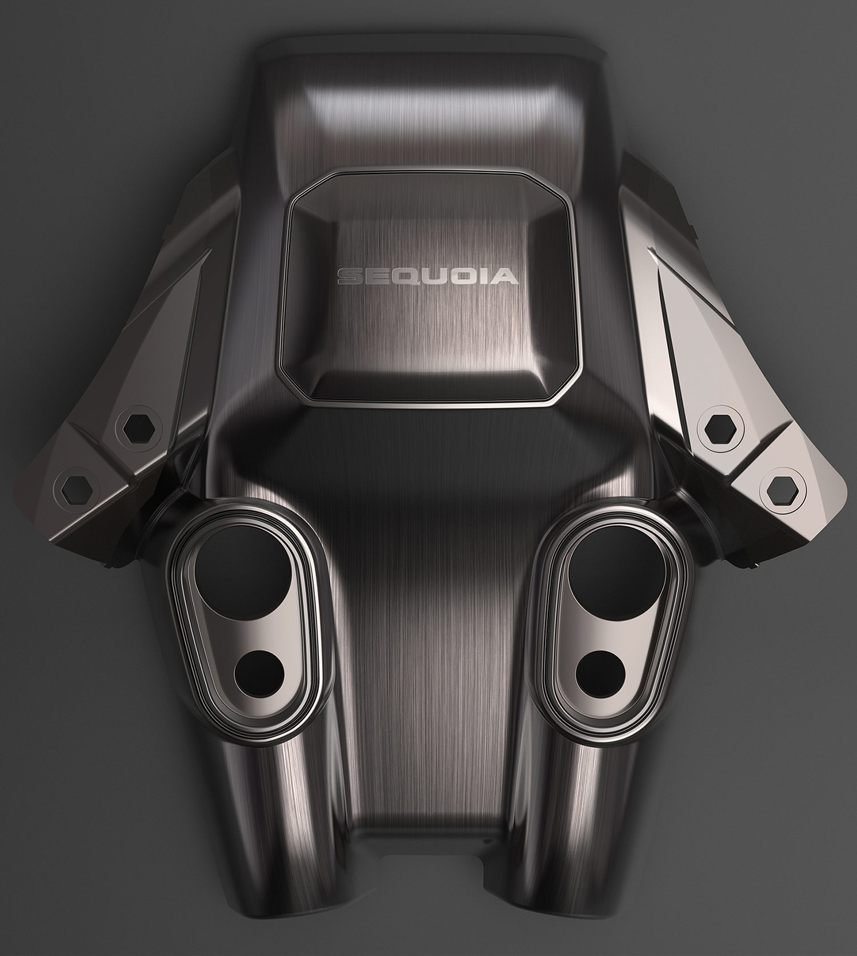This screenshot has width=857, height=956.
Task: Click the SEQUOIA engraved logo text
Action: pos(428,277)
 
